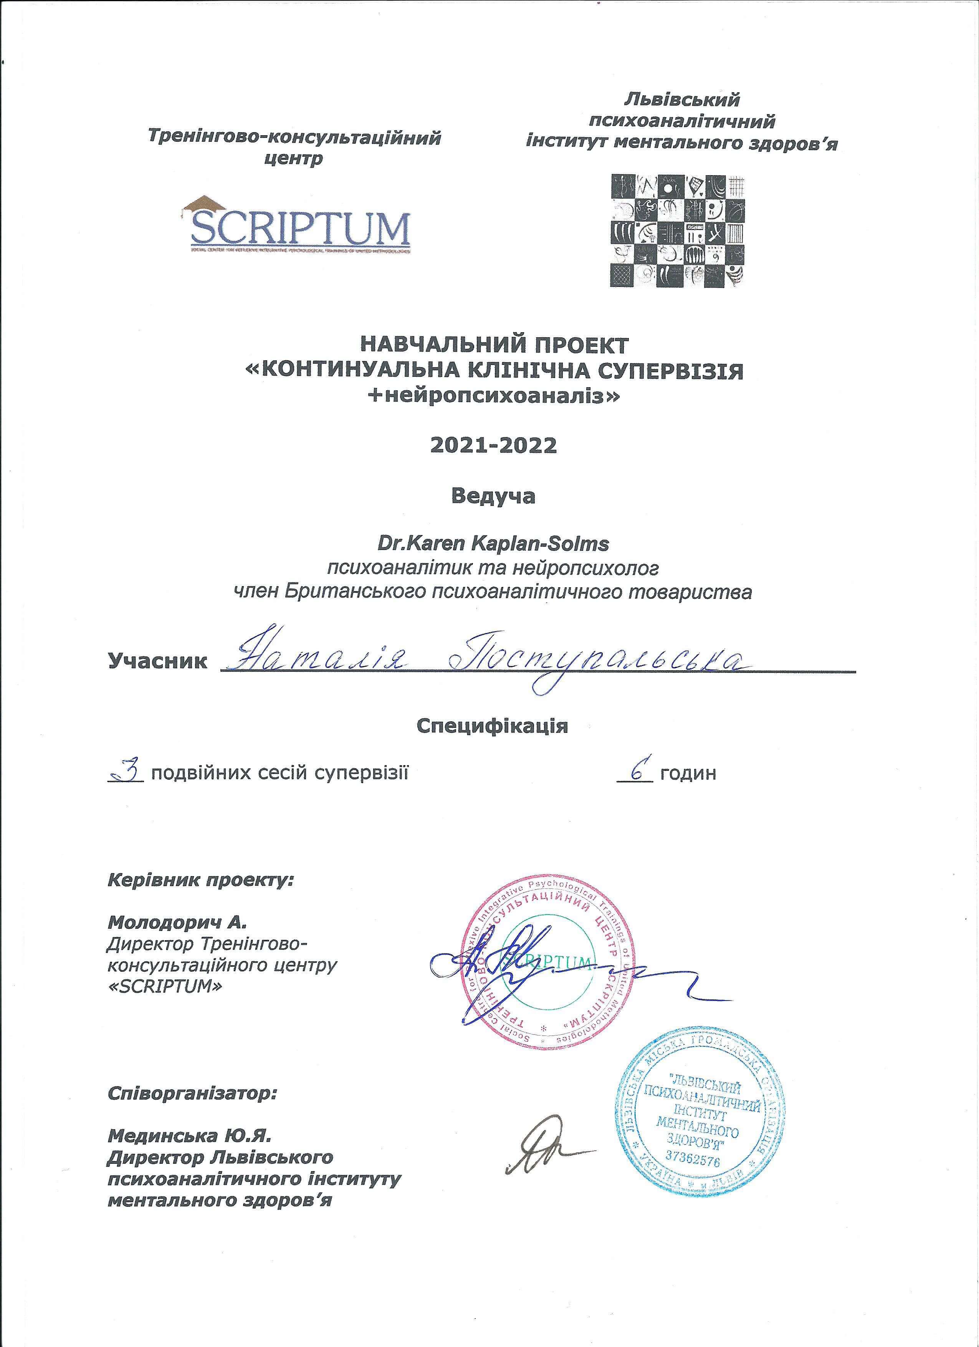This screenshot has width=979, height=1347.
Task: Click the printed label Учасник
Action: point(157,660)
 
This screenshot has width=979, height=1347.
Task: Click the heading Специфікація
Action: point(492,726)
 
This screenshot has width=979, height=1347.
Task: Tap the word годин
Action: point(688,774)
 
